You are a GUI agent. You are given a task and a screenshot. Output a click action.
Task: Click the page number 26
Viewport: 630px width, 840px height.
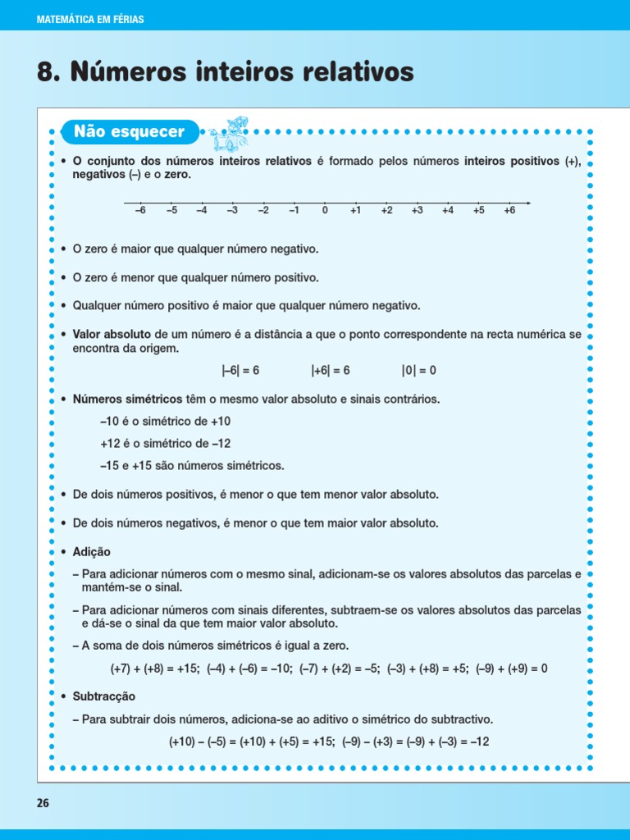click(x=43, y=803)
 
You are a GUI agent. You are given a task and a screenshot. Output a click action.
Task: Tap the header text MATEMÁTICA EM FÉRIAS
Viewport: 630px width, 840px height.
click(x=90, y=19)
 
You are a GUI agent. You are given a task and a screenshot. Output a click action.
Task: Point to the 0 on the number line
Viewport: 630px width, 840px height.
click(x=325, y=211)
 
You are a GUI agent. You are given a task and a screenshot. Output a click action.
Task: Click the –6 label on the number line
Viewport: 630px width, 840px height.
click(x=139, y=211)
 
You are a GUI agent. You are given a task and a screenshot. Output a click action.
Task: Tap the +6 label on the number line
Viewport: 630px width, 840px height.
click(x=509, y=211)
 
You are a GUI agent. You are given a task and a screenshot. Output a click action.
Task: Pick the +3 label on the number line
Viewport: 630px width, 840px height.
click(x=417, y=211)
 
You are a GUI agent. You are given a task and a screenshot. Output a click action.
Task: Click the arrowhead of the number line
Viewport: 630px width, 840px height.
click(x=527, y=203)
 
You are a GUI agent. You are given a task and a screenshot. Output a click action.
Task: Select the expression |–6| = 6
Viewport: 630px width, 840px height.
click(x=240, y=371)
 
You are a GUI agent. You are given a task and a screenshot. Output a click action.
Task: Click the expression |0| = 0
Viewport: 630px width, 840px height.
click(x=418, y=371)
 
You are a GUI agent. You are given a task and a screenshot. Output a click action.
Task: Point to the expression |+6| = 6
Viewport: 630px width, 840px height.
click(x=331, y=371)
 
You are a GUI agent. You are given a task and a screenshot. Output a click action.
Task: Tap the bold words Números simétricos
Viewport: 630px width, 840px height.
click(x=127, y=399)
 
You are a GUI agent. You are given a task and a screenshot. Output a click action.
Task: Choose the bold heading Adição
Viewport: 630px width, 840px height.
click(x=91, y=552)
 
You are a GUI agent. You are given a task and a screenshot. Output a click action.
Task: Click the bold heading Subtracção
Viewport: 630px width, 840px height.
click(x=103, y=696)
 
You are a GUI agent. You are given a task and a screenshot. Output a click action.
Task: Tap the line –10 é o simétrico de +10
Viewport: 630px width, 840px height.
click(x=165, y=421)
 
